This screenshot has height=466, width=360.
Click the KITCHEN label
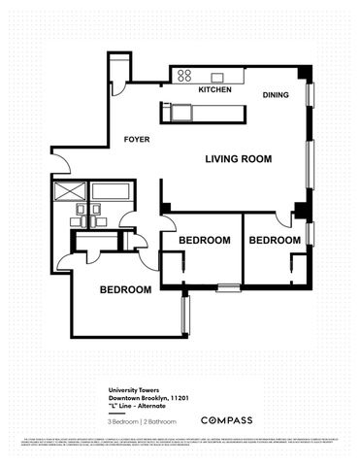(x=214, y=89)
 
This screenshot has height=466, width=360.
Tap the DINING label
(x=277, y=94)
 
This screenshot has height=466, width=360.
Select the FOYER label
(x=136, y=140)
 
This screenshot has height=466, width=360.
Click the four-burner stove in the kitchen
(x=181, y=75)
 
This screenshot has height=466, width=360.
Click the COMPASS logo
(x=226, y=420)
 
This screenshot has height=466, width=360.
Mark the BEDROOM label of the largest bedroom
(x=126, y=290)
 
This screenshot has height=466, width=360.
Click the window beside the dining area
(x=311, y=97)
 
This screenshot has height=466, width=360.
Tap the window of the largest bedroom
(x=184, y=316)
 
